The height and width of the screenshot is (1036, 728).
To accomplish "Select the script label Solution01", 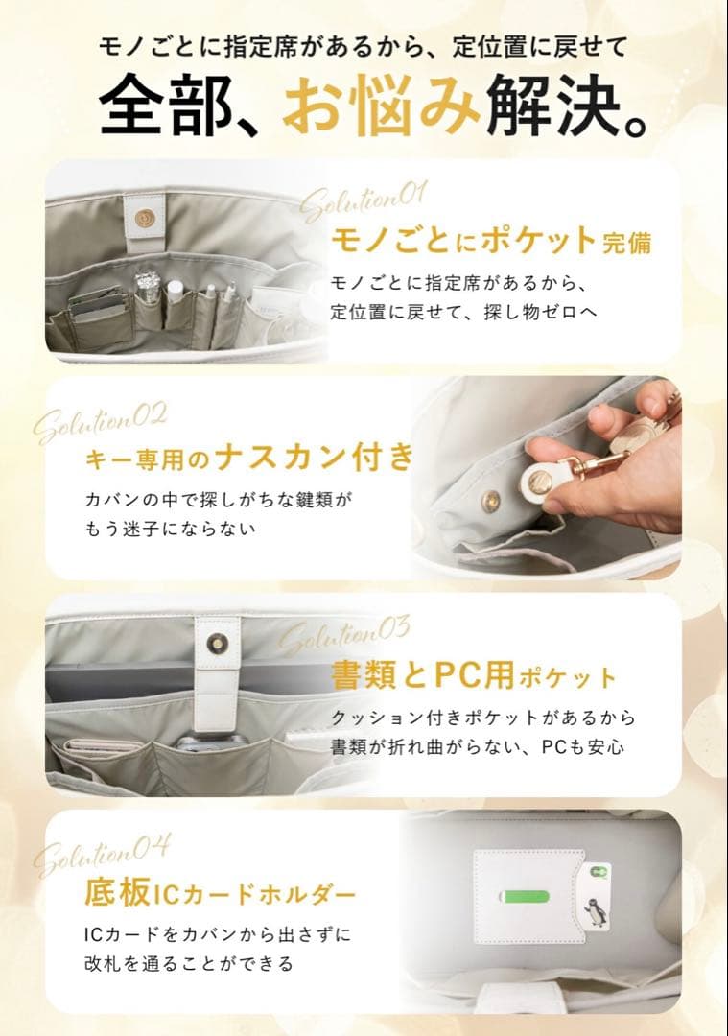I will pos(363,200).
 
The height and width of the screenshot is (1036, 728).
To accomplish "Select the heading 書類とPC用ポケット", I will pos(474,676).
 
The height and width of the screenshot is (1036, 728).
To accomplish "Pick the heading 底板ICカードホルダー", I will pos(221,894).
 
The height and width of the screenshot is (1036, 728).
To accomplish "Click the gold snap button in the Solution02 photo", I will pos(490,499).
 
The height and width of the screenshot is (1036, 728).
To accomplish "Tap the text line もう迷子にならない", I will pos(172,529).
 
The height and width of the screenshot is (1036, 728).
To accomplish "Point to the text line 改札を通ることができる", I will pos(188,962).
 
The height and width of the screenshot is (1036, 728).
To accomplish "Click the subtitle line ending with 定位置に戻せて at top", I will pos(364,44).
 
